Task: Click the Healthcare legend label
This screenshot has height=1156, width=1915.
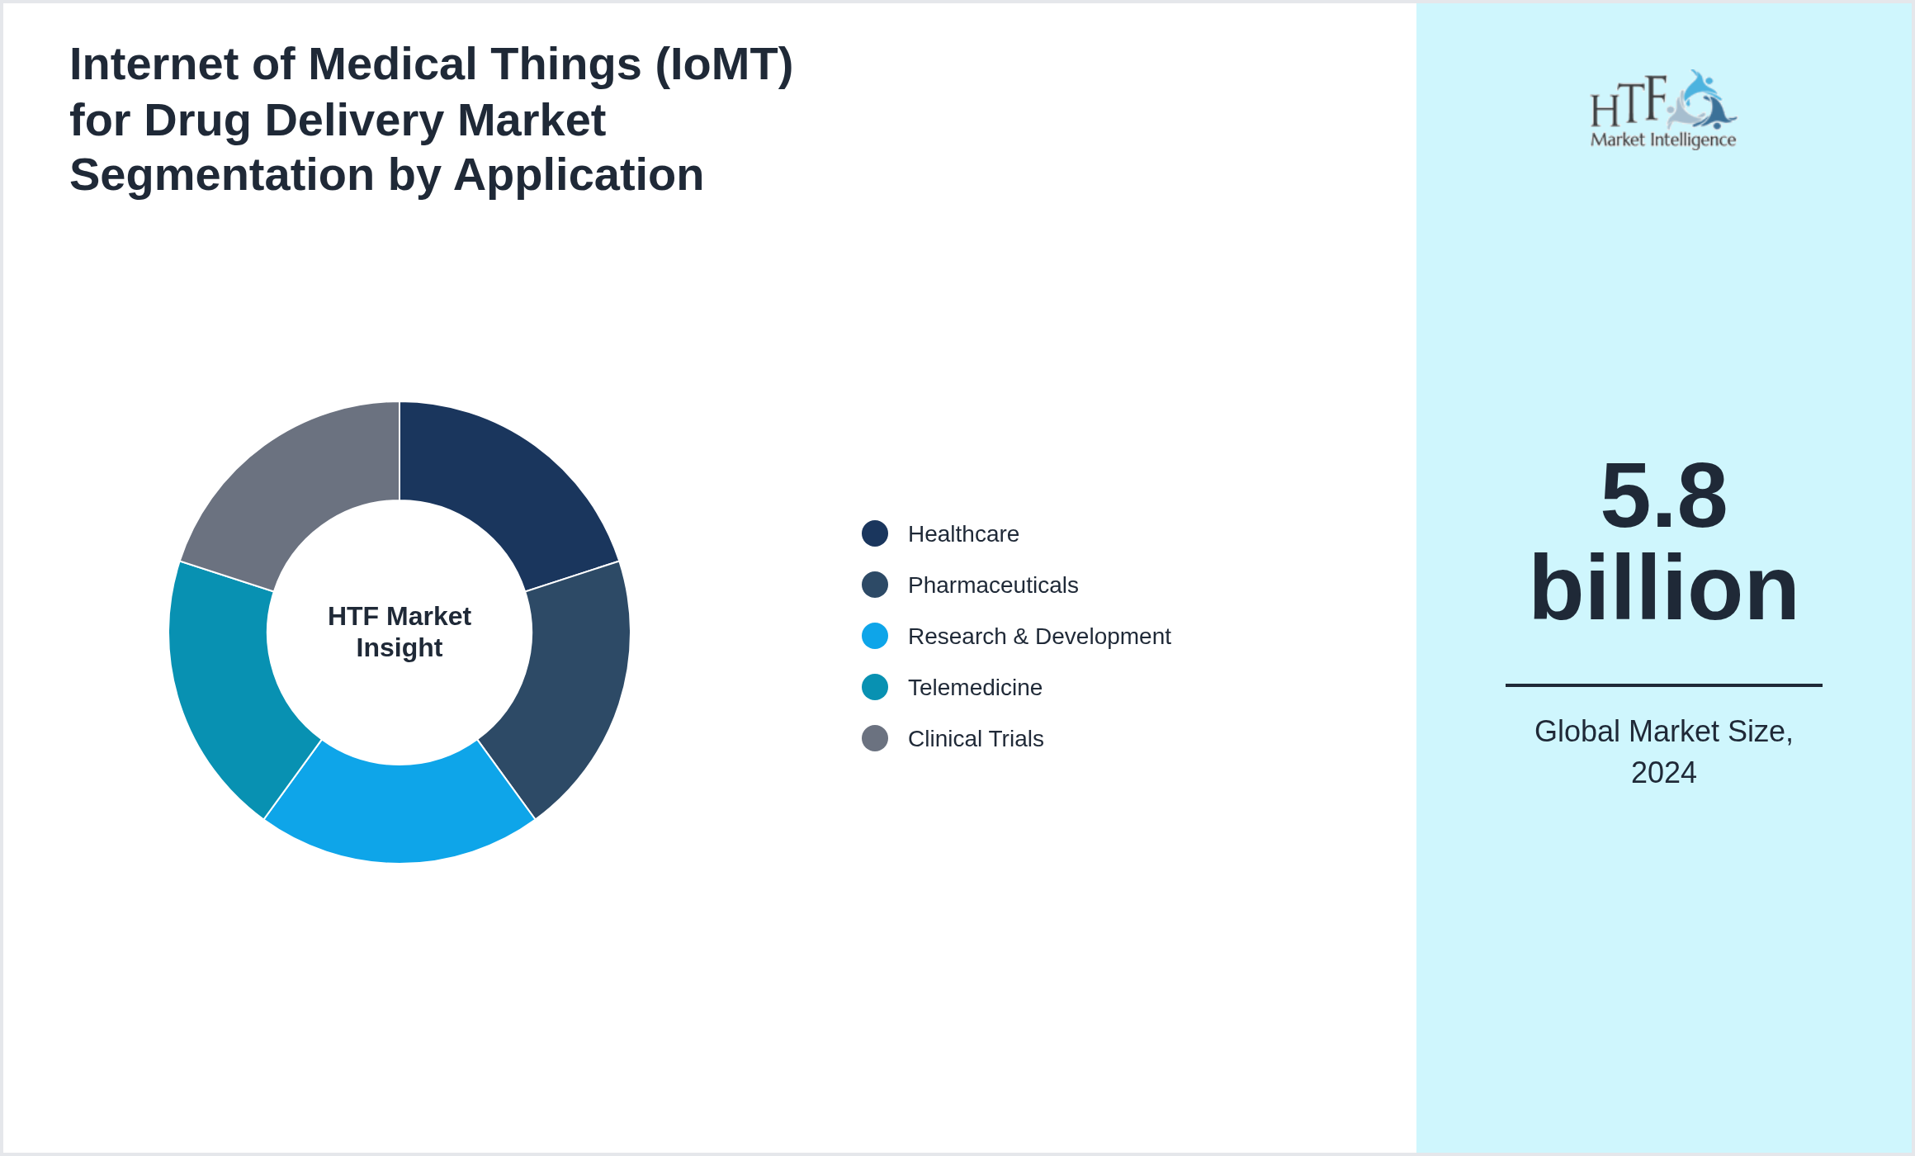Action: tap(962, 534)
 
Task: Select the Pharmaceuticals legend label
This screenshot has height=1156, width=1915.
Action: tap(992, 585)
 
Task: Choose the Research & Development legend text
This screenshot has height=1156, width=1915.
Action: tap(1038, 637)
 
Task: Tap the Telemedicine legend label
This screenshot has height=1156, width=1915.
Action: tap(974, 688)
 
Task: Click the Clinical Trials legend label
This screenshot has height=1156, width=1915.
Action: tap(975, 739)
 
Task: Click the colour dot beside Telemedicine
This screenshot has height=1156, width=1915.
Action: tap(875, 687)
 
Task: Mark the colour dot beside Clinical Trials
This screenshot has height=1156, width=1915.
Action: tap(875, 738)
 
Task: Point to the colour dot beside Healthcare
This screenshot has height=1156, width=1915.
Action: tap(875, 533)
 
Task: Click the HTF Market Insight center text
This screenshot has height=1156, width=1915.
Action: tap(400, 632)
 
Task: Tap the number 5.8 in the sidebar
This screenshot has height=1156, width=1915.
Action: tap(1663, 496)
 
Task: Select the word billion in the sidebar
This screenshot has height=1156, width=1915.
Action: tap(1663, 588)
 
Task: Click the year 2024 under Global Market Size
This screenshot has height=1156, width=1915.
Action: tap(1663, 773)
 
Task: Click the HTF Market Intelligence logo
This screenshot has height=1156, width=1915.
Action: tap(1663, 110)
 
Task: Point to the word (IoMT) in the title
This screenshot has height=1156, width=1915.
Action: tap(724, 64)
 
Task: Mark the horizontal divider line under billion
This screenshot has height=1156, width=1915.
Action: tap(1663, 685)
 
